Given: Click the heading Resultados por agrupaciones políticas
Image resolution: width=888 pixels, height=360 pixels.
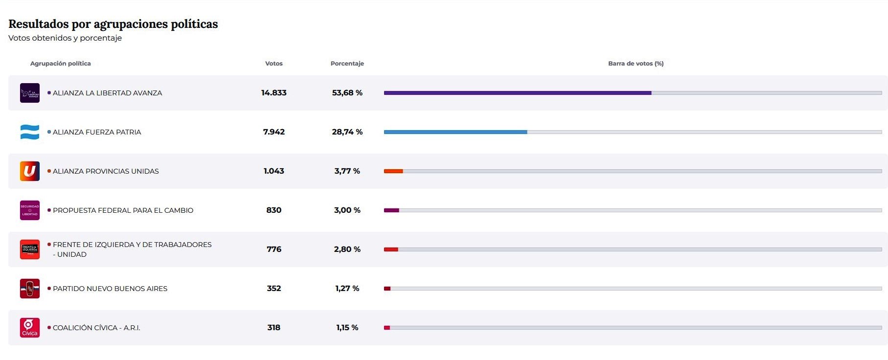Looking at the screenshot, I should click(x=113, y=24).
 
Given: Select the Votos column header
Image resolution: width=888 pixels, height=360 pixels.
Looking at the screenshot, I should click(x=273, y=64).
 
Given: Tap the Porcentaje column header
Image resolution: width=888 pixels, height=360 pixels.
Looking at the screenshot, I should click(x=347, y=64).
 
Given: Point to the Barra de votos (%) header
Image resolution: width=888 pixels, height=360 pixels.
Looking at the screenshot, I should click(x=636, y=64).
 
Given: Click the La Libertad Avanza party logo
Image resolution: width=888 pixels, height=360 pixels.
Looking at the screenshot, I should click(x=30, y=93).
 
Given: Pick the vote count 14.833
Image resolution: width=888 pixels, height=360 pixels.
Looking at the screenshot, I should click(x=273, y=93).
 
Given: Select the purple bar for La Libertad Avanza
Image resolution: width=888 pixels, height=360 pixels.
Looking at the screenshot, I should click(x=517, y=93).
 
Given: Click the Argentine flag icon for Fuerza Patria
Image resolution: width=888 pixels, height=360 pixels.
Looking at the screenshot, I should click(x=30, y=132).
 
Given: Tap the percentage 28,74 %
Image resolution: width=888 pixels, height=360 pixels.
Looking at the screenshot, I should click(x=347, y=132).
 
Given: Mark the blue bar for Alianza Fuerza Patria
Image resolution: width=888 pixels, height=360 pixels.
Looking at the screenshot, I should click(x=455, y=132).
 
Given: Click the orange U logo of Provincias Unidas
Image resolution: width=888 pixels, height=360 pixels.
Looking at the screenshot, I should click(x=30, y=171).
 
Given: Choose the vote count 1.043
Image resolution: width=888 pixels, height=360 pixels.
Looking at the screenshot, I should click(x=273, y=171).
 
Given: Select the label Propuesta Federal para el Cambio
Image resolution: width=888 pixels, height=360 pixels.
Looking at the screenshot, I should click(x=123, y=210).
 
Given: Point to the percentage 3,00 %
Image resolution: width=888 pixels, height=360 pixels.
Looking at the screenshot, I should click(x=347, y=210).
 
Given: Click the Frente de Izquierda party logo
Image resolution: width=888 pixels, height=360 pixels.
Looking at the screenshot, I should click(x=30, y=249).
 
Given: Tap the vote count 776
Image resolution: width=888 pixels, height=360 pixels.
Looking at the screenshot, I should click(x=273, y=249).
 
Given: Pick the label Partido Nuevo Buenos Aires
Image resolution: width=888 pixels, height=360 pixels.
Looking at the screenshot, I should click(x=110, y=289).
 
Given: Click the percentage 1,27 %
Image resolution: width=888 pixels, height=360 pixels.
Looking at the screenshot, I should click(x=347, y=289).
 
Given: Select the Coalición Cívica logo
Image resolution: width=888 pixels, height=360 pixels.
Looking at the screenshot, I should click(x=30, y=328).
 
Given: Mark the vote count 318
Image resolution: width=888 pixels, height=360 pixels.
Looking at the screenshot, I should click(x=273, y=328).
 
